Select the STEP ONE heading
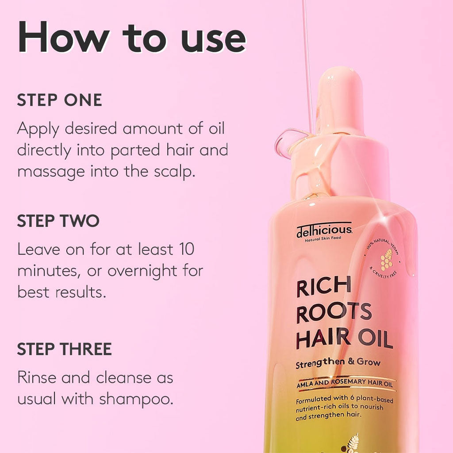point(59,100)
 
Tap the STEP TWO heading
point(58,221)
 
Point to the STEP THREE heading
point(64,349)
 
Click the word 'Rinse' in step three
point(36,378)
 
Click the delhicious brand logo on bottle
point(324,230)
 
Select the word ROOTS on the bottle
point(334,313)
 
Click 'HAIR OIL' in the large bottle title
point(344,340)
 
